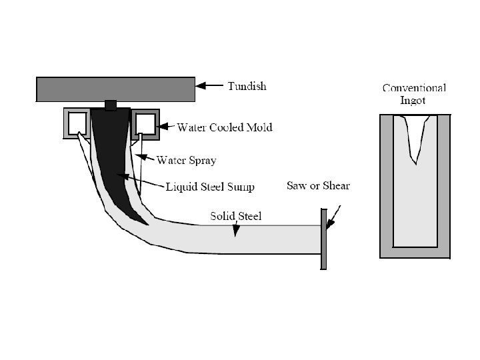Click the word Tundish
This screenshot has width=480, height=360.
[x=247, y=86]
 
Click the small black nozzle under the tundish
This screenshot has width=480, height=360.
[x=111, y=105]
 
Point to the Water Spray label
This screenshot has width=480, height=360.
[x=186, y=160]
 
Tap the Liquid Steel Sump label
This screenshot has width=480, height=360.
[x=210, y=187]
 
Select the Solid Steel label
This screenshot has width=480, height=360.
[x=235, y=216]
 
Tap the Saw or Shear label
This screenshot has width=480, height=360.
[x=318, y=185]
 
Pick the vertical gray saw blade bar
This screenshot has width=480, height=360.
[x=323, y=239]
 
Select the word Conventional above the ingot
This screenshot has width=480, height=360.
[x=413, y=88]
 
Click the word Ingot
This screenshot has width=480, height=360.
[x=413, y=101]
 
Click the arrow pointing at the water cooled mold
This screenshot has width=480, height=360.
[x=167, y=125]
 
